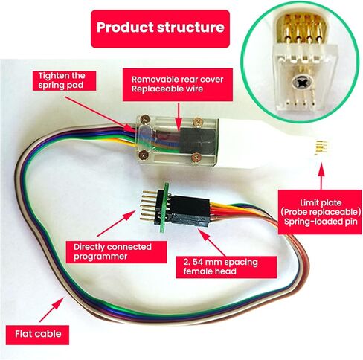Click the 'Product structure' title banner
coord(160,28)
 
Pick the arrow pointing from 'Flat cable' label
coord(55,309)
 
